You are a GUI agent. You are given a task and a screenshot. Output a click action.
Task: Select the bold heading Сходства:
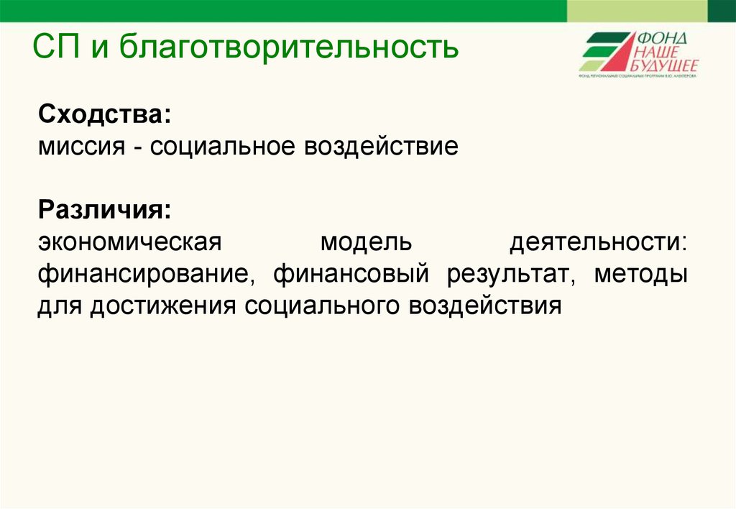point(105,114)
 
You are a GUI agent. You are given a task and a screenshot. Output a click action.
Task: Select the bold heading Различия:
point(105,211)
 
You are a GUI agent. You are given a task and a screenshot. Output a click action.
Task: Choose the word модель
point(366,243)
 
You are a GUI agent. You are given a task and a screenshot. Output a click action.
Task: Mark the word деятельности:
point(599,243)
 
